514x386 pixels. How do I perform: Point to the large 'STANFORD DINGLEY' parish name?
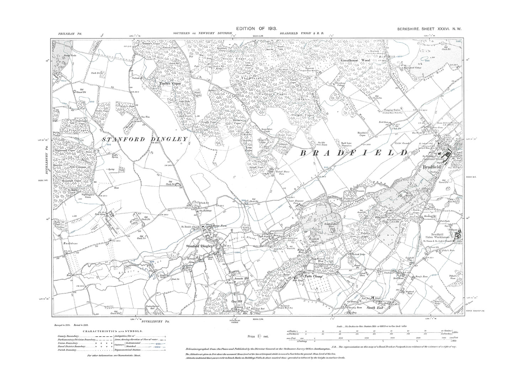pyautogui.click(x=144, y=139)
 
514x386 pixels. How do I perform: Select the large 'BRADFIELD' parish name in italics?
pyautogui.click(x=354, y=153)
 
